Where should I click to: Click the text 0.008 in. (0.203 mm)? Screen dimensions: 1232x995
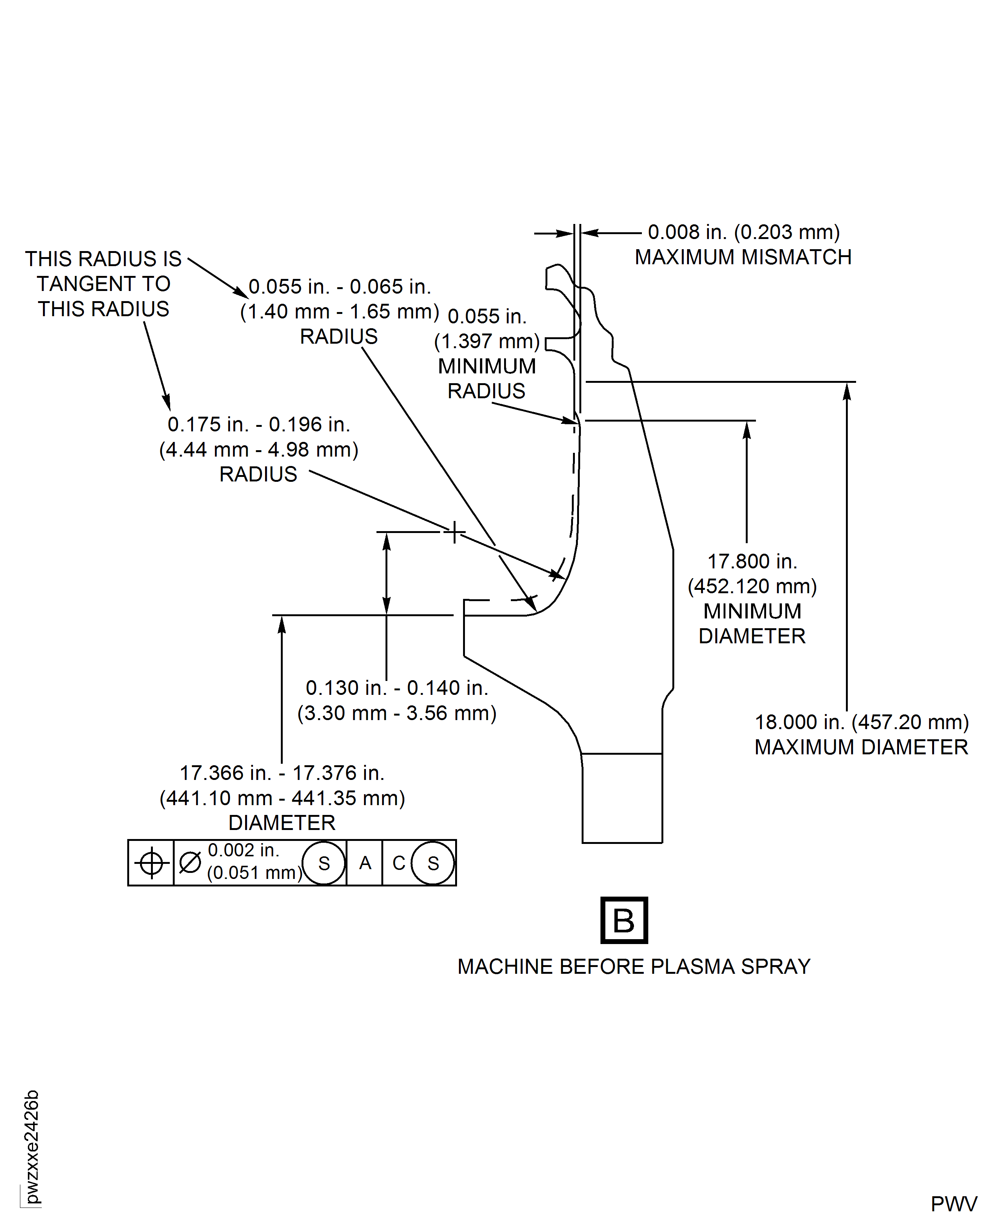tap(744, 232)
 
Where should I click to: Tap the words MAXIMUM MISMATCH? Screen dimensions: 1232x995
tap(743, 257)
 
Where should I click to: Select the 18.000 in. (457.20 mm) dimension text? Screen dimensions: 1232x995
tap(861, 722)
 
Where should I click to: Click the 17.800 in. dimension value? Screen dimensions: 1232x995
tap(752, 562)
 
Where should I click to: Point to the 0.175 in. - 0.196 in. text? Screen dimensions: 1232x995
tap(259, 425)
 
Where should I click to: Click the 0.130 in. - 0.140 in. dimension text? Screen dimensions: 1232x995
tap(397, 688)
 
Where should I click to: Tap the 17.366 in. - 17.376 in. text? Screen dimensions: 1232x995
tap(282, 773)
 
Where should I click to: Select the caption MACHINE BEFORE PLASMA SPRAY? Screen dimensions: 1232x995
tap(633, 967)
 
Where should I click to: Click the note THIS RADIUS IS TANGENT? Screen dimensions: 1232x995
tap(103, 284)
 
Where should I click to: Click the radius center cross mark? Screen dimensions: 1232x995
tap(454, 532)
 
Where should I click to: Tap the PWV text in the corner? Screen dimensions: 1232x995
tap(953, 1204)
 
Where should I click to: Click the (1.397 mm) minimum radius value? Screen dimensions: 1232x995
tap(487, 341)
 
